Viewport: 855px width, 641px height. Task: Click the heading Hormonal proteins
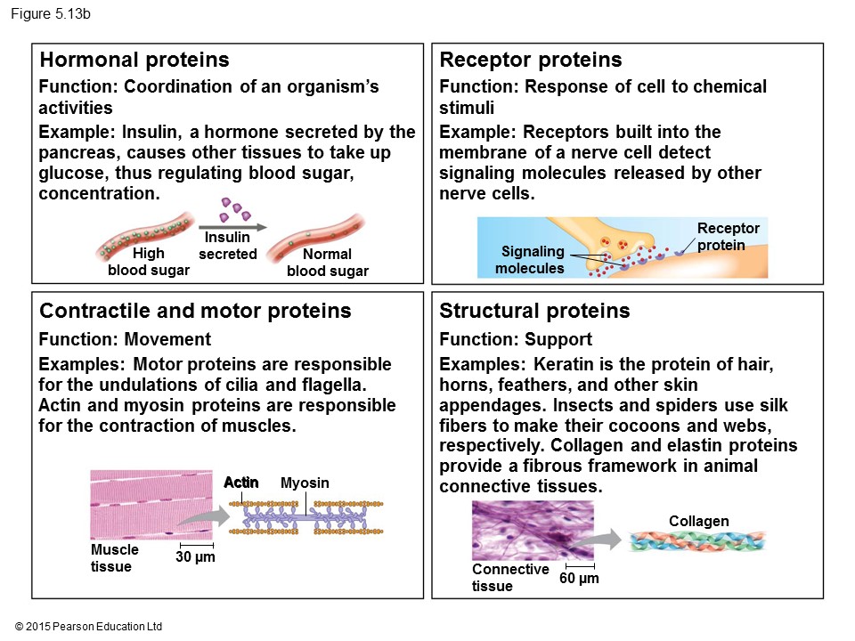[x=135, y=61]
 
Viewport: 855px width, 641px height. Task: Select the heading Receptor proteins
[x=531, y=61]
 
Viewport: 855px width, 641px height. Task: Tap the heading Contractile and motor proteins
[x=196, y=311]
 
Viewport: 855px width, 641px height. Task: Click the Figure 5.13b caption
[x=51, y=15]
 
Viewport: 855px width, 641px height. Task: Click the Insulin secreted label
[x=227, y=247]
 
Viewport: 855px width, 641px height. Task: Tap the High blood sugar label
[x=149, y=262]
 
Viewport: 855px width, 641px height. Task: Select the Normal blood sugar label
[x=328, y=262]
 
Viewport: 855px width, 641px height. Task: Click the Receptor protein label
[x=728, y=237]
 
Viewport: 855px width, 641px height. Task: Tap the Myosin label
[x=305, y=483]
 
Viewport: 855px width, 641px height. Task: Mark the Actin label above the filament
[x=241, y=483]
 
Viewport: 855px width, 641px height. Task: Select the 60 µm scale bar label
[x=579, y=579]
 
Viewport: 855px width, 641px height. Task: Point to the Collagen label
[x=698, y=521]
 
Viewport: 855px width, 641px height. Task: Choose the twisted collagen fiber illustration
[x=696, y=541]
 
